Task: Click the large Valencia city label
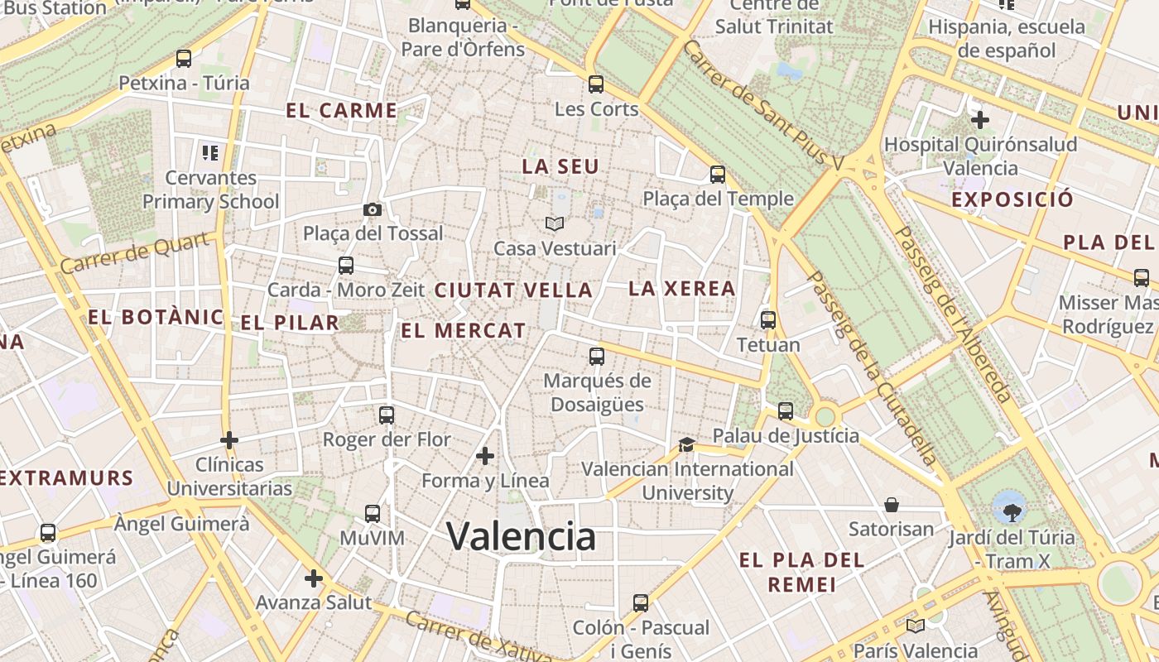pyautogui.click(x=522, y=536)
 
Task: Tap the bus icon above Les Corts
pyautogui.click(x=596, y=84)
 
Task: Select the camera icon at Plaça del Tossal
pyautogui.click(x=373, y=209)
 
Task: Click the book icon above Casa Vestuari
pyautogui.click(x=554, y=223)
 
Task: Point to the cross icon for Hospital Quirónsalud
pyautogui.click(x=980, y=120)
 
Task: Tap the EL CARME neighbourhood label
pyautogui.click(x=341, y=110)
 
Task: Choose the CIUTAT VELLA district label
pyautogui.click(x=513, y=290)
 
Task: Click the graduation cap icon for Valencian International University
pyautogui.click(x=686, y=444)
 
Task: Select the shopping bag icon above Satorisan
pyautogui.click(x=892, y=504)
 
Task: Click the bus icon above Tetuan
pyautogui.click(x=768, y=319)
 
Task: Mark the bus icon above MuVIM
pyautogui.click(x=373, y=513)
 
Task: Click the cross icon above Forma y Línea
pyautogui.click(x=485, y=455)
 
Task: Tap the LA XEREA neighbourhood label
pyautogui.click(x=682, y=288)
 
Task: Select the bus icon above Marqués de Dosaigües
pyautogui.click(x=596, y=357)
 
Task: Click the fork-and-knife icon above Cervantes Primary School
pyautogui.click(x=210, y=152)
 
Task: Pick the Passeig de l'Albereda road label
pyautogui.click(x=954, y=314)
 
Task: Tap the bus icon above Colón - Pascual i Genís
pyautogui.click(x=641, y=602)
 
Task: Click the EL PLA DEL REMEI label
pyautogui.click(x=801, y=572)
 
